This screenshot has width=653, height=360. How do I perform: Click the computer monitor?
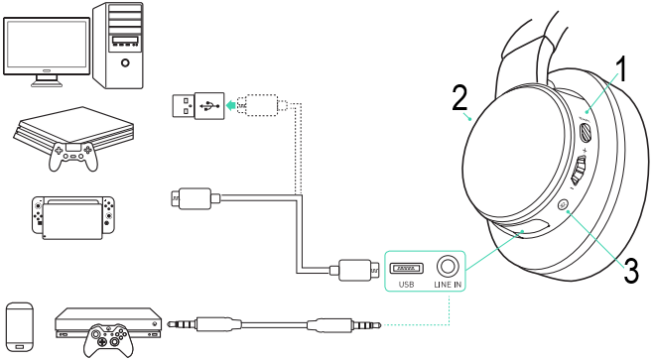pyautogui.click(x=47, y=52)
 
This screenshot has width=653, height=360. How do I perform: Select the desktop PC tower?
pyautogui.click(x=118, y=45)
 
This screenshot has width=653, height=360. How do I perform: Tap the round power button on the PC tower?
pyautogui.click(x=125, y=63)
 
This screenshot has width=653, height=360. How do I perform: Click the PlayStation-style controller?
pyautogui.click(x=73, y=156)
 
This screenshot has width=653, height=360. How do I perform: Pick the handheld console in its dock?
pyautogui.click(x=73, y=217)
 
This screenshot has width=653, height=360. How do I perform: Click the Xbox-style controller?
pyautogui.click(x=109, y=340)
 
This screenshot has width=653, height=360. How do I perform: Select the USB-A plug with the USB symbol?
pyautogui.click(x=198, y=106)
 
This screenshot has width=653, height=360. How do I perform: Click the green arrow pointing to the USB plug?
pyautogui.click(x=231, y=105)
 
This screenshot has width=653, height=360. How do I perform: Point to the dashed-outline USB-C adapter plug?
pyautogui.click(x=262, y=105)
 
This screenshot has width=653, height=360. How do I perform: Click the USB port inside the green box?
pyautogui.click(x=407, y=268)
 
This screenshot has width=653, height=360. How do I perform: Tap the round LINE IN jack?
pyautogui.click(x=448, y=266)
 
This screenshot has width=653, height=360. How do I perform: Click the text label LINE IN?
pyautogui.click(x=448, y=285)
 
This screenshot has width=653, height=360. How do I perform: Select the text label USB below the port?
pyautogui.click(x=407, y=285)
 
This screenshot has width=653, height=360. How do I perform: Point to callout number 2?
pyautogui.click(x=459, y=98)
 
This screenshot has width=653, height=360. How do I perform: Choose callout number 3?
pyautogui.click(x=630, y=271)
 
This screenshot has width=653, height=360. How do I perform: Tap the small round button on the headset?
pyautogui.click(x=564, y=204)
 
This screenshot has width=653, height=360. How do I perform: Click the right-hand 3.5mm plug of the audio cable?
pyautogui.click(x=344, y=323)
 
